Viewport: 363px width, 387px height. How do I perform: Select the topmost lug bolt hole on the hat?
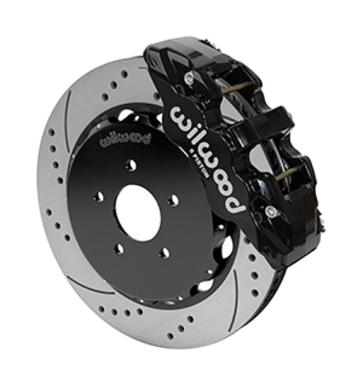[x=131, y=165]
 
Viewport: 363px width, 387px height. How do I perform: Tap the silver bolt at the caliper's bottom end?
[x=272, y=212]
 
